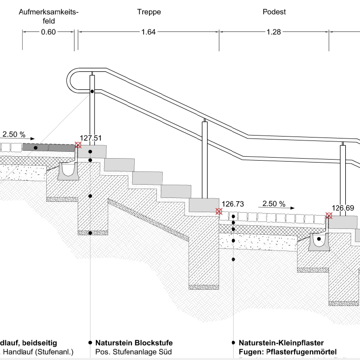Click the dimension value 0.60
48,32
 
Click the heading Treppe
149,12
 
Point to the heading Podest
274,12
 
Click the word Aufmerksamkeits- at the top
49,12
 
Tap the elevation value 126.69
343,208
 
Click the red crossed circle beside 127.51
78,145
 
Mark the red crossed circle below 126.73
219,211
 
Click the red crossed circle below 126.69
329,215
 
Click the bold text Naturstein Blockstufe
134,343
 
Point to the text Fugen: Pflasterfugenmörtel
287,352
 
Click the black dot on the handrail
92,91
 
